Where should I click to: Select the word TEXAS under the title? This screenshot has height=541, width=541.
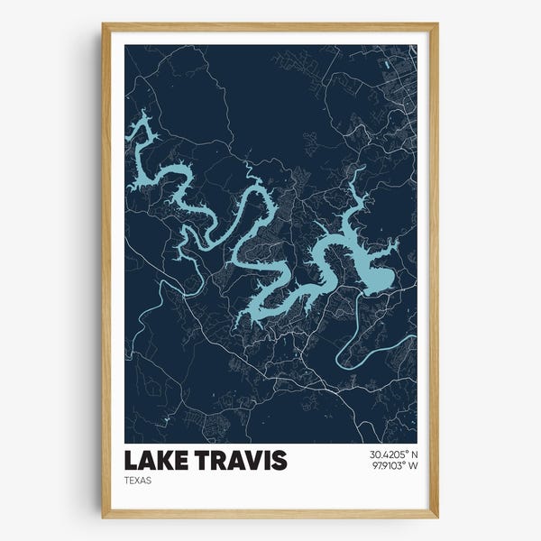tap(139, 481)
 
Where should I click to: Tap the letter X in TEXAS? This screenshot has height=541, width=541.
tap(140, 481)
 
